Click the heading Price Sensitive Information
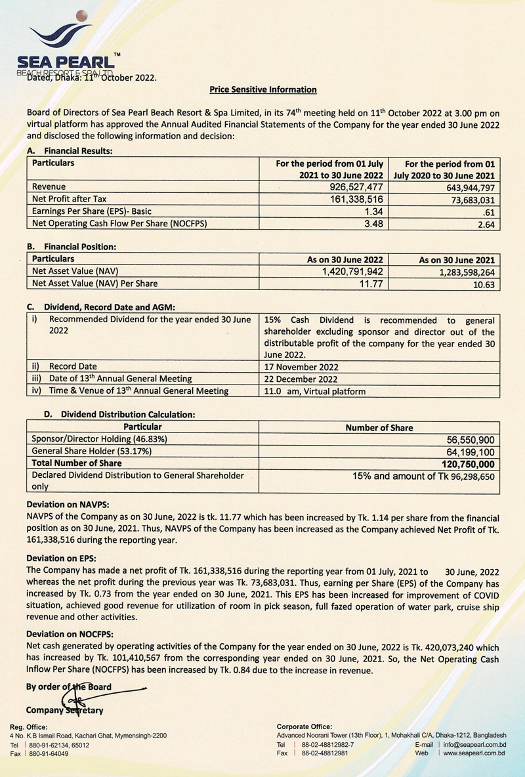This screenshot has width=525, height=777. click(262, 89)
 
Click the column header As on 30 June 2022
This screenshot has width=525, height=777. click(345, 260)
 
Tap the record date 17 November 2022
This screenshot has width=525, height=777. click(302, 366)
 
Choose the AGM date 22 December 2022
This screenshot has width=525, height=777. click(301, 379)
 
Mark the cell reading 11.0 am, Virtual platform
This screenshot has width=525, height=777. click(314, 391)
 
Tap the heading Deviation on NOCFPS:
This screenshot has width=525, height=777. click(70, 635)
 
